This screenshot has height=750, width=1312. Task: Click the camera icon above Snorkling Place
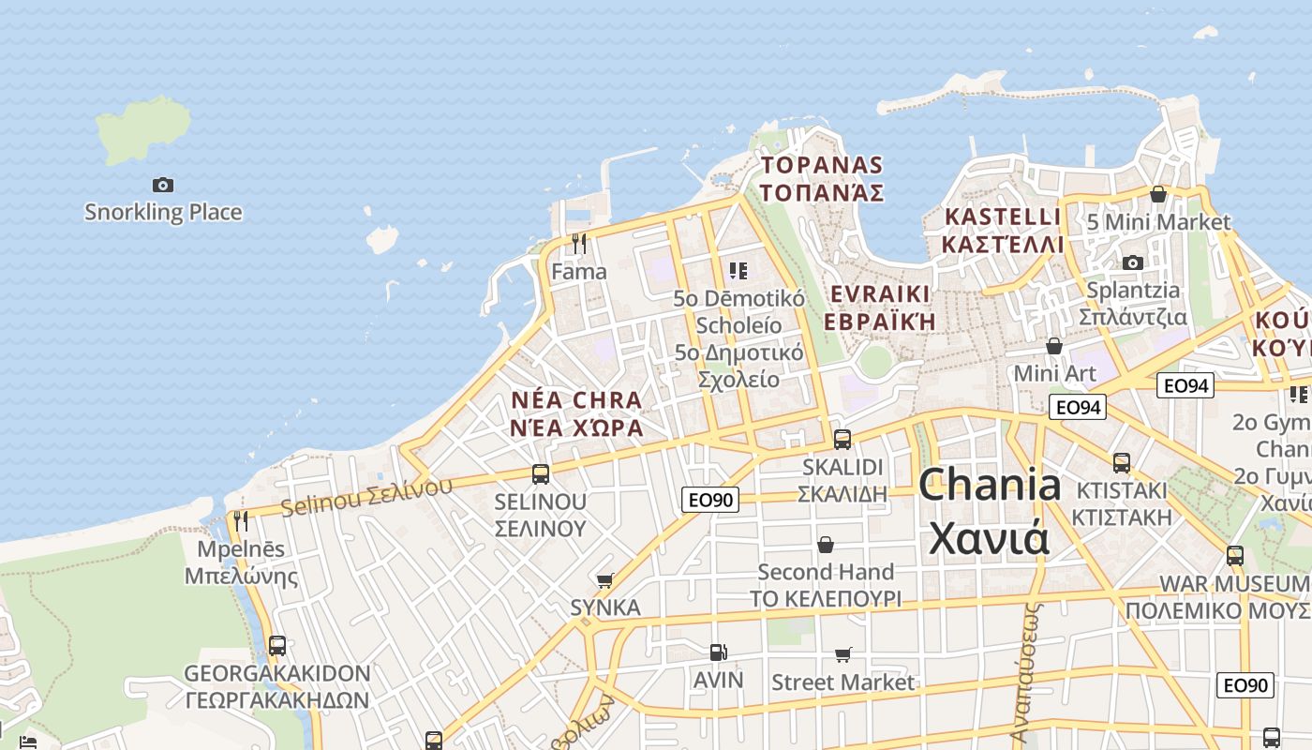(163, 186)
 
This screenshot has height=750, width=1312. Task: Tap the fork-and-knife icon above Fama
(579, 245)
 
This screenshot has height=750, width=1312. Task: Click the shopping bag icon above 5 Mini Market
(1158, 195)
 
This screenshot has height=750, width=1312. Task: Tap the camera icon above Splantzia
(1133, 263)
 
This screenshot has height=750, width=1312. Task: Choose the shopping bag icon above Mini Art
(1054, 347)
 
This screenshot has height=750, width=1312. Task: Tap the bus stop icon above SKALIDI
(842, 439)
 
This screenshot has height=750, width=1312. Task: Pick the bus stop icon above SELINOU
(541, 474)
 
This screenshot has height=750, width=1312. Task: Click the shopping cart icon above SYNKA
(604, 581)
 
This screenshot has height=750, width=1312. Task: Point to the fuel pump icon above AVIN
(718, 652)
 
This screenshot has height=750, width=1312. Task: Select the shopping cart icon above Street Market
(843, 654)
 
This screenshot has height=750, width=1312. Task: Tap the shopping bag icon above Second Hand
(826, 545)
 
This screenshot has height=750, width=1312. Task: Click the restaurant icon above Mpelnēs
(241, 521)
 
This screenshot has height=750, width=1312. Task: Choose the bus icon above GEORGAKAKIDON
(276, 646)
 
